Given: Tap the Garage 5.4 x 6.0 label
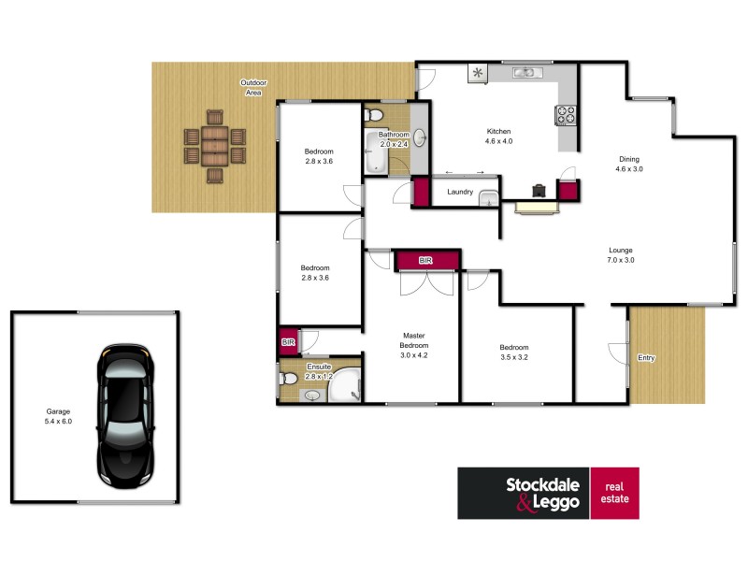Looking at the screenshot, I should [59, 416].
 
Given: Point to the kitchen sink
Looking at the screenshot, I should [523, 72].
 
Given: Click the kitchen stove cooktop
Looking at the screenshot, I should [567, 116].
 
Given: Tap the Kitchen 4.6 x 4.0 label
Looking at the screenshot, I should [499, 136].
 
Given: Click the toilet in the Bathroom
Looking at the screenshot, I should [374, 116].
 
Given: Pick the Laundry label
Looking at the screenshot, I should [459, 192].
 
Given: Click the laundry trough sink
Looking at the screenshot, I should [488, 197].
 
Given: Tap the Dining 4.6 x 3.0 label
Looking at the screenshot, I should [627, 165].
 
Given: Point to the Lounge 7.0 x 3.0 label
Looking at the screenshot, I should [621, 255].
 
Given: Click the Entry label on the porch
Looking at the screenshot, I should [646, 358].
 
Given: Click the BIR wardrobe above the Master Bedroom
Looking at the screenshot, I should [427, 260].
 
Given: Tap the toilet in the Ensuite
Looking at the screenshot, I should [289, 379].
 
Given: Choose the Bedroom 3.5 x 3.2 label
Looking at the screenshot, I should [514, 352].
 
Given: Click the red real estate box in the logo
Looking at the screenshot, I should [615, 493].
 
